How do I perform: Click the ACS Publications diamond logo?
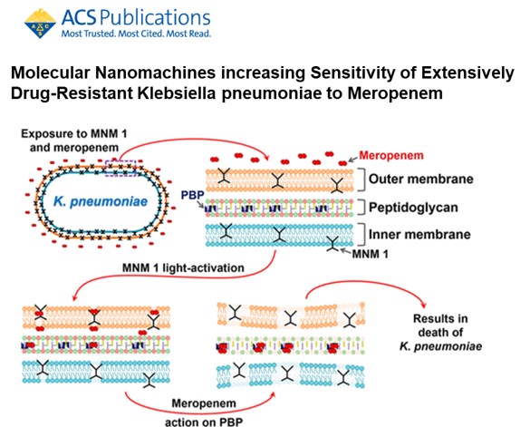pyautogui.click(x=40, y=24)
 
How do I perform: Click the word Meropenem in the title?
pyautogui.click(x=395, y=93)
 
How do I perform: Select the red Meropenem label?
pyautogui.click(x=391, y=156)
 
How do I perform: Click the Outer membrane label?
pyautogui.click(x=420, y=179)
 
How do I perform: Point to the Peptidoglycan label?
pyautogui.click(x=413, y=208)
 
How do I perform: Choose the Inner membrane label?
pyautogui.click(x=419, y=234)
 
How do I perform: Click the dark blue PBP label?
pyautogui.click(x=193, y=195)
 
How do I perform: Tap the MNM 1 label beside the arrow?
pyautogui.click(x=371, y=254)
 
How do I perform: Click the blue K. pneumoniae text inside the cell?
pyautogui.click(x=101, y=201)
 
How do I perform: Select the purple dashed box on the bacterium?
pyautogui.click(x=120, y=168)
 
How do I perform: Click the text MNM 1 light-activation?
pyautogui.click(x=183, y=268)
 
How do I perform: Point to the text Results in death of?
pyautogui.click(x=440, y=325)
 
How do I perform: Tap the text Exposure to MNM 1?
pyautogui.click(x=74, y=134)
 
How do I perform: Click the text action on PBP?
pyautogui.click(x=204, y=422)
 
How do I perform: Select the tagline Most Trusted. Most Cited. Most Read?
pyautogui.click(x=136, y=34)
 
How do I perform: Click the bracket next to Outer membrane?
pyautogui.click(x=362, y=179)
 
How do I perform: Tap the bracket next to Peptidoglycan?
pyautogui.click(x=362, y=207)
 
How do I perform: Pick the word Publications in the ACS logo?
pyautogui.click(x=156, y=18)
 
